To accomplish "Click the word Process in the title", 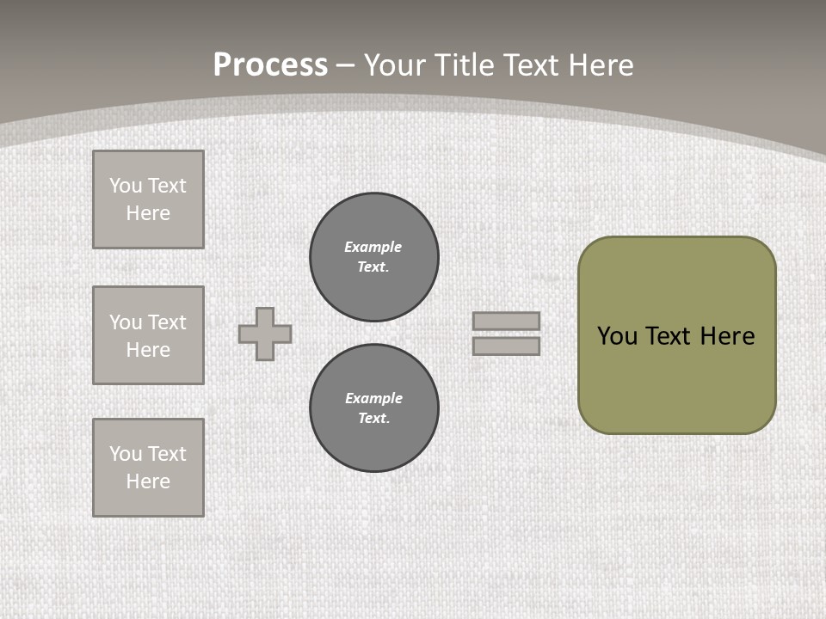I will (x=270, y=64).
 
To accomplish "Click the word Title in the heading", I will (x=465, y=65).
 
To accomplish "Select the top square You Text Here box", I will (x=148, y=199).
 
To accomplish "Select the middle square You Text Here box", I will (x=148, y=335).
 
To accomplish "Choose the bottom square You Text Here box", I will (x=148, y=468).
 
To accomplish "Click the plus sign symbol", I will (x=265, y=334).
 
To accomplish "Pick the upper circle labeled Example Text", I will (x=374, y=256).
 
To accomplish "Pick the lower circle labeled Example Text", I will (x=374, y=408).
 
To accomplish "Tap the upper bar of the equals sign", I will (x=507, y=321).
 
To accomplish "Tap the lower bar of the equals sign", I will (x=507, y=346).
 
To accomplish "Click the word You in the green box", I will (x=616, y=336).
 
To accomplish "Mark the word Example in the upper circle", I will (x=373, y=247).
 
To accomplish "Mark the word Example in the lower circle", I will (x=374, y=398).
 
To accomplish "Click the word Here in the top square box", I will (x=148, y=213).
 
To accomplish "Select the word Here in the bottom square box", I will (x=148, y=481).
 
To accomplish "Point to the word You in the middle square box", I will (x=125, y=322).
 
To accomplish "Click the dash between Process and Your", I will (x=346, y=65).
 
